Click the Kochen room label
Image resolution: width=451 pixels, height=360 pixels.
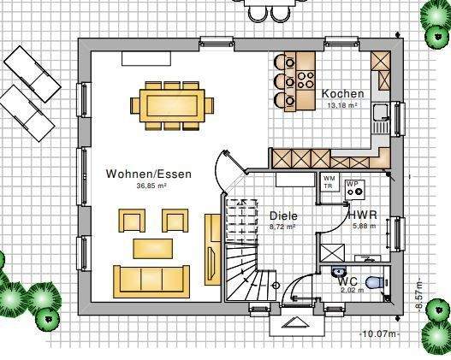tap(342, 94)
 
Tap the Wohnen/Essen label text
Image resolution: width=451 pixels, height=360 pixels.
tap(149, 174)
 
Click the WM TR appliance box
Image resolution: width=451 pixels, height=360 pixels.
tap(328, 181)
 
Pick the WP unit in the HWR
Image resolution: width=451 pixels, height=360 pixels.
tap(353, 188)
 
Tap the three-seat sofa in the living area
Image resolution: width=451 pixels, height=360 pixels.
tap(151, 279)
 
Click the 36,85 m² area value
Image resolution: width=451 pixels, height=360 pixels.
tap(151, 186)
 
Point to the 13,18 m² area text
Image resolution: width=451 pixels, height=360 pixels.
tap(342, 105)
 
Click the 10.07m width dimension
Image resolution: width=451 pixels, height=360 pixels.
tap(380, 333)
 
